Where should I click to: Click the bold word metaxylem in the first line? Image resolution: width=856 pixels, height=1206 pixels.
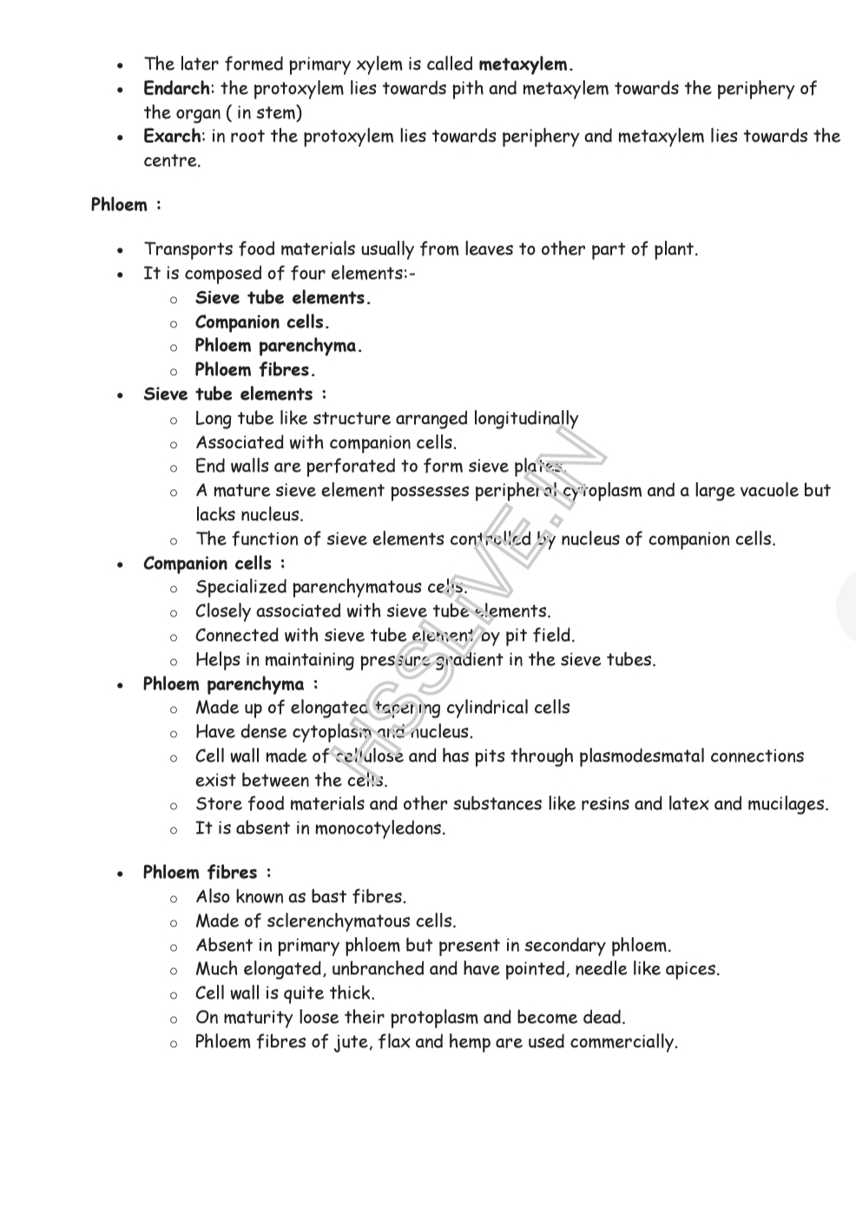pyautogui.click(x=524, y=64)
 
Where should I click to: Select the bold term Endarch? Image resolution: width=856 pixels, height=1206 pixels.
pyautogui.click(x=176, y=89)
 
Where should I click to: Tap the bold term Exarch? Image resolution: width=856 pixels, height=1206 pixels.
pyautogui.click(x=173, y=136)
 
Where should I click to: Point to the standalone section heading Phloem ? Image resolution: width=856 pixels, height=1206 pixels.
pyautogui.click(x=126, y=205)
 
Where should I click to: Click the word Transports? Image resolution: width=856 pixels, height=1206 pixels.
pyautogui.click(x=188, y=250)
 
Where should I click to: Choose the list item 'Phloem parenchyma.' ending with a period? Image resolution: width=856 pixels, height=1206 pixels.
pyautogui.click(x=278, y=346)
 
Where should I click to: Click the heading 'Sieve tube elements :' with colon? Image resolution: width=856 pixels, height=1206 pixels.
pyautogui.click(x=234, y=394)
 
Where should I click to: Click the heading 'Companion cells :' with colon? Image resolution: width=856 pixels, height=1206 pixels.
pyautogui.click(x=214, y=563)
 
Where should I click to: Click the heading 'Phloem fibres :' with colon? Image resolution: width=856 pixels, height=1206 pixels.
pyautogui.click(x=207, y=873)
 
